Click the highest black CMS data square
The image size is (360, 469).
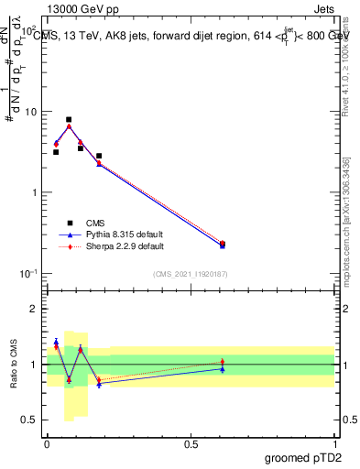[x=69, y=119]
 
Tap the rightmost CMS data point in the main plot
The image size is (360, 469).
[x=223, y=244]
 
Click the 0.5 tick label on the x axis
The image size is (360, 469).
[x=191, y=442]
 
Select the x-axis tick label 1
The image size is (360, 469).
[x=334, y=442]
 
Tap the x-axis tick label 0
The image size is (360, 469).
[x=47, y=442]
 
